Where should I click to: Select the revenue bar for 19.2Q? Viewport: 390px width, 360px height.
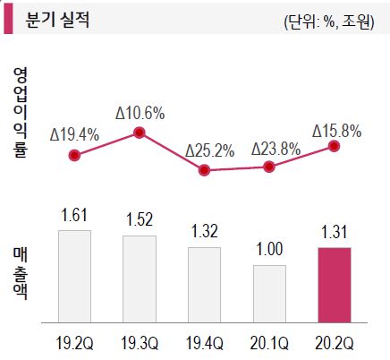[74, 276]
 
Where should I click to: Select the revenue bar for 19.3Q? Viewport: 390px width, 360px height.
[140, 279]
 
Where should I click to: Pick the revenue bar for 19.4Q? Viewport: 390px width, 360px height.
[204, 284]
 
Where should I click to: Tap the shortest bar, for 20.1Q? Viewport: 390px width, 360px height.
[269, 293]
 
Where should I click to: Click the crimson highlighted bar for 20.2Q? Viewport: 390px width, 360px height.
[335, 284]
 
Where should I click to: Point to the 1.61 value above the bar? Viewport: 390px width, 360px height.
[74, 216]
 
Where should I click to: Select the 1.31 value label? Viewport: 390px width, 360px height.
[335, 232]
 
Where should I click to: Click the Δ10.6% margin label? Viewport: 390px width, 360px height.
[140, 114]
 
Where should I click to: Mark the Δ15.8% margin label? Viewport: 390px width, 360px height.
[336, 131]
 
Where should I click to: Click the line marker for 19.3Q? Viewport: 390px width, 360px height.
[140, 133]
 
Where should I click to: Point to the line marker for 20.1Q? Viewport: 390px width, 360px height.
[269, 166]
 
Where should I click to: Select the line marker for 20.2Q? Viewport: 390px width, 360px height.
[335, 147]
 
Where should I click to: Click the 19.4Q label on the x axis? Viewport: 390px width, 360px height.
[204, 344]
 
